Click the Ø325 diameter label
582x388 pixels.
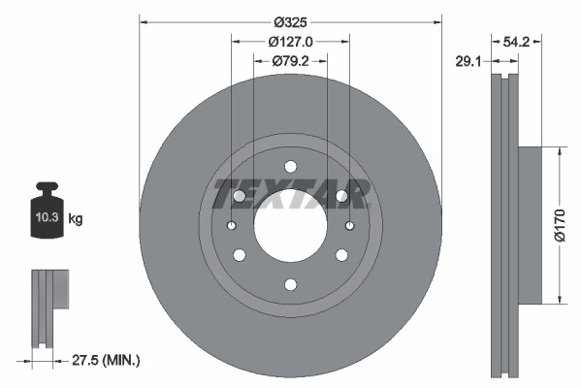pyautogui.click(x=290, y=20)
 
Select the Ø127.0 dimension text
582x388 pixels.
pyautogui.click(x=290, y=42)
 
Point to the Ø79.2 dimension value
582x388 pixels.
pyautogui.click(x=290, y=61)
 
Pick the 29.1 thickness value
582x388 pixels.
pyautogui.click(x=469, y=61)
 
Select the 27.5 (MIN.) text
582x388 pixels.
pyautogui.click(x=106, y=360)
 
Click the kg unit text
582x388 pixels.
pyautogui.click(x=75, y=220)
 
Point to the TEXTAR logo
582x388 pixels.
pyautogui.click(x=290, y=194)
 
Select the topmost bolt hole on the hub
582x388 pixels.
pyautogui.click(x=290, y=166)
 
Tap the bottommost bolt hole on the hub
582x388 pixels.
pyautogui.click(x=290, y=284)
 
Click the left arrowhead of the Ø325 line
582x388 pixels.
pyautogui.click(x=144, y=20)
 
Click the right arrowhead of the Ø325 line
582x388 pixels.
pyautogui.click(x=438, y=20)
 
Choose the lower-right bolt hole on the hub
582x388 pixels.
pyautogui.click(x=341, y=255)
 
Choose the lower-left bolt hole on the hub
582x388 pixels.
pyautogui.click(x=239, y=255)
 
